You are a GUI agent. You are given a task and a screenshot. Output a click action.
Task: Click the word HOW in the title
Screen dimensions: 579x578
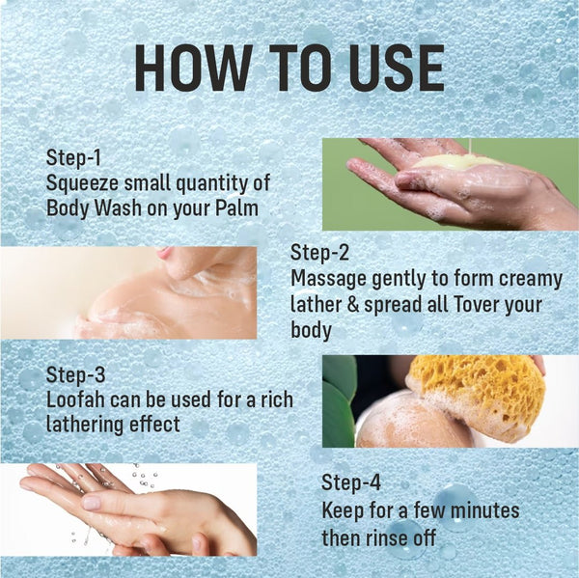click(189, 68)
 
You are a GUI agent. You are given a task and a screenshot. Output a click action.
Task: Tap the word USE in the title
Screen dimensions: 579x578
click(397, 68)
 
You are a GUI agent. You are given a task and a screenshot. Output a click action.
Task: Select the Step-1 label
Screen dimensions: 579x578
click(73, 157)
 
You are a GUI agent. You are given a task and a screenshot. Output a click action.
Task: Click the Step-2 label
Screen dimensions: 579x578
click(319, 253)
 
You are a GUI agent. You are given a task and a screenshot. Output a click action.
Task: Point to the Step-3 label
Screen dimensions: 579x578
click(75, 374)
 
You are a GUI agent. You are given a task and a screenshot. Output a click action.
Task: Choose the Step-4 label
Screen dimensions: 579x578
click(351, 482)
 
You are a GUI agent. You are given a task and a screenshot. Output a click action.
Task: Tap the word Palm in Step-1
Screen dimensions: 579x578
click(236, 207)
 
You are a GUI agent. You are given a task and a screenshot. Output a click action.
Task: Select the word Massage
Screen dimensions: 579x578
click(328, 280)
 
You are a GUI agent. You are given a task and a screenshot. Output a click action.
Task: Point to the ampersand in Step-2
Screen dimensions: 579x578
click(353, 305)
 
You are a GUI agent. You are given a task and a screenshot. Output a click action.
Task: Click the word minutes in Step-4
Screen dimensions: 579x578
click(484, 510)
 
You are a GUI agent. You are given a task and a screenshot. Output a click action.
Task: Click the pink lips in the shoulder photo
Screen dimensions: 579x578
click(164, 253)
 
